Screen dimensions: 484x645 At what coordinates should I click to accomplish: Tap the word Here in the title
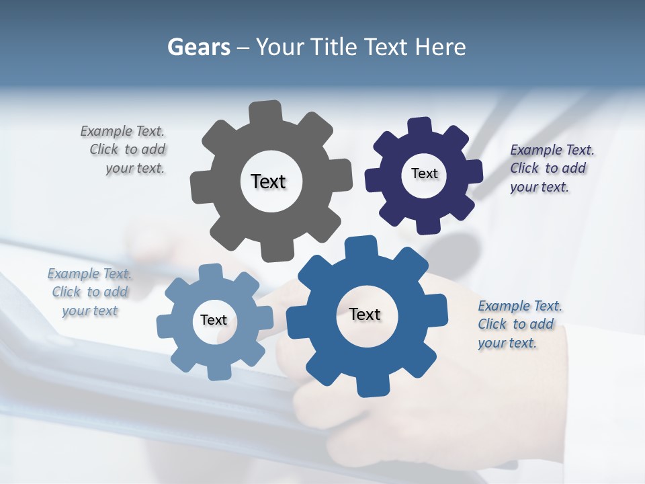(440, 47)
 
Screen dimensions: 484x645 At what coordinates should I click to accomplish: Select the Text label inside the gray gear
(268, 182)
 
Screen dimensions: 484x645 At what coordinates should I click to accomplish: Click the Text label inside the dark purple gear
(424, 173)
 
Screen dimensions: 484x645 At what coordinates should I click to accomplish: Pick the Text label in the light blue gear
(214, 320)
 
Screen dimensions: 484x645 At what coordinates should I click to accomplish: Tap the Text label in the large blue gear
(365, 314)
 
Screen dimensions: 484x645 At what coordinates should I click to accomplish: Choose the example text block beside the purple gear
(551, 168)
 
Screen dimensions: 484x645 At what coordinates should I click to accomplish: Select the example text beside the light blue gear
(89, 292)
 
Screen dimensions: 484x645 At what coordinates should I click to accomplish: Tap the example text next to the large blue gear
(519, 324)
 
